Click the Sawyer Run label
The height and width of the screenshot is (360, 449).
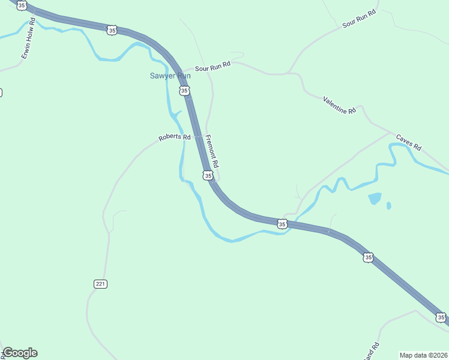point(170,76)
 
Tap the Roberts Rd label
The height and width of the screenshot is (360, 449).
point(174,137)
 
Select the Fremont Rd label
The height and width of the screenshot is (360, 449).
point(212,151)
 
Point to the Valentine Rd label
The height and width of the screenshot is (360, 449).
point(339,105)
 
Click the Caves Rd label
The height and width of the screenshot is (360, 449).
point(409,143)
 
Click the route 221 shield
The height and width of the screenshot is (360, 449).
point(100,284)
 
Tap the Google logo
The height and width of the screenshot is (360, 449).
point(20,353)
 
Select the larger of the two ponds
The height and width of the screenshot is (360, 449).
point(374,199)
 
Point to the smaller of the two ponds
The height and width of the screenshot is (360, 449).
point(389,206)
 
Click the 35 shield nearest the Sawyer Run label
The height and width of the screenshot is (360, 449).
point(184,91)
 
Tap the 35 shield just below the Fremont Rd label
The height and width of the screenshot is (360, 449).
point(208,175)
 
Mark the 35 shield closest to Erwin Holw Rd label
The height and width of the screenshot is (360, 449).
point(22,5)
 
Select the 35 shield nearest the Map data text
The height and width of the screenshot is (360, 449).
point(441,317)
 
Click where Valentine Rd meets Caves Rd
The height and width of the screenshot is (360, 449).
point(392,133)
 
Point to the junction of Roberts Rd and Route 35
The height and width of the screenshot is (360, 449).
point(196,136)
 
